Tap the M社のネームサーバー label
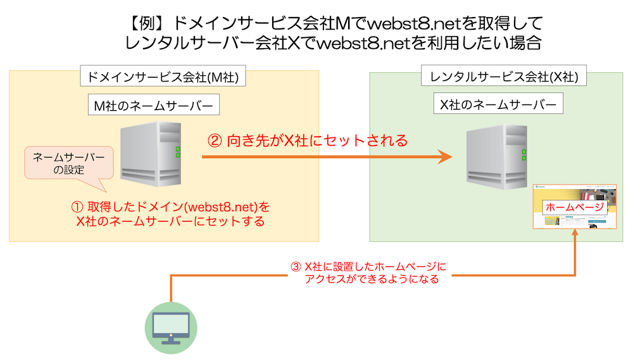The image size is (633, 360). tap(154, 106)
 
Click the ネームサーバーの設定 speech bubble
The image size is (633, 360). tap(68, 162)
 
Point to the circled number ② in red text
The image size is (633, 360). tap(215, 140)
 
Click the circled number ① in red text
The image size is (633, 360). tap(77, 207)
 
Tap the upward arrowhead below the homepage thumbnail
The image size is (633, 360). tap(575, 233)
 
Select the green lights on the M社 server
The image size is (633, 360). tap(178, 152)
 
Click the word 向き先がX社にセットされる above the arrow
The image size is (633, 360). tap(316, 140)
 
